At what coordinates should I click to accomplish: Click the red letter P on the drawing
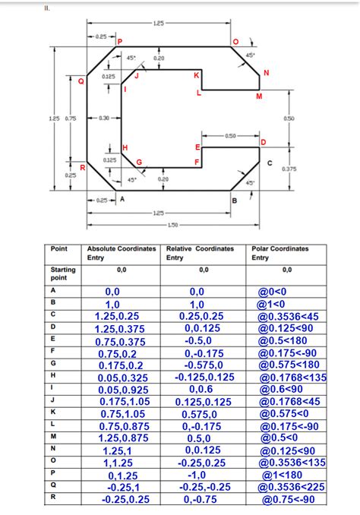point(118,39)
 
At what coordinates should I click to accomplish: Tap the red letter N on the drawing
point(266,73)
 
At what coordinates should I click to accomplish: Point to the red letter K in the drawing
point(197,75)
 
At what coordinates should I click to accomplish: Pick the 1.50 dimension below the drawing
point(172,225)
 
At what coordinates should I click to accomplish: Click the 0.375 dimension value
point(289,168)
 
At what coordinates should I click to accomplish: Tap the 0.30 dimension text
point(105,118)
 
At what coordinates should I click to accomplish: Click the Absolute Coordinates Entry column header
point(122,253)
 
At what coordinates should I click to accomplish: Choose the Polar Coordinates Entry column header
point(279,253)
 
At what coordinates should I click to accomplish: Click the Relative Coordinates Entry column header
point(200,253)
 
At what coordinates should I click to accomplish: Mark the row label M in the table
point(53,438)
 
